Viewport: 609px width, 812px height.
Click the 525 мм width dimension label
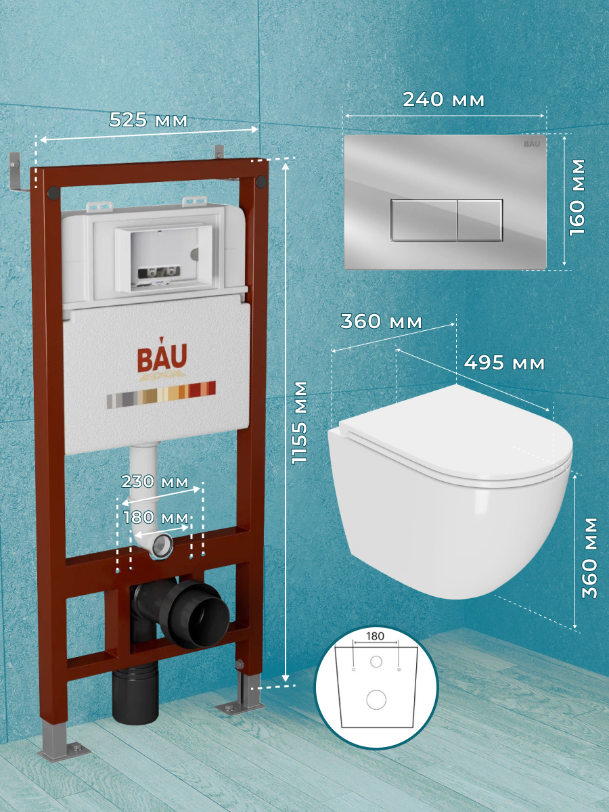(148, 120)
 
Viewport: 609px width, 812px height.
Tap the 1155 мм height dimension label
(299, 422)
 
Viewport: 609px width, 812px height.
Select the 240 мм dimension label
(443, 100)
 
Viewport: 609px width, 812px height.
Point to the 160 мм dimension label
(577, 198)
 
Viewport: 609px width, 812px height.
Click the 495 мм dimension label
(504, 363)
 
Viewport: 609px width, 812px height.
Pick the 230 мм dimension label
(155, 482)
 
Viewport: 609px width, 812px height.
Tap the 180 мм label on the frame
(156, 518)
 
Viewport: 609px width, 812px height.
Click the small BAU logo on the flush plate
(532, 143)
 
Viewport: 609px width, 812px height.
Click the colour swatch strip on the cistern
(161, 394)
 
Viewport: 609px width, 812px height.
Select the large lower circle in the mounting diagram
(376, 700)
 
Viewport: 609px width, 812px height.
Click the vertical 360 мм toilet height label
(589, 558)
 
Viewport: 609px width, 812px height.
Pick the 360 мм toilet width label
(381, 321)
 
